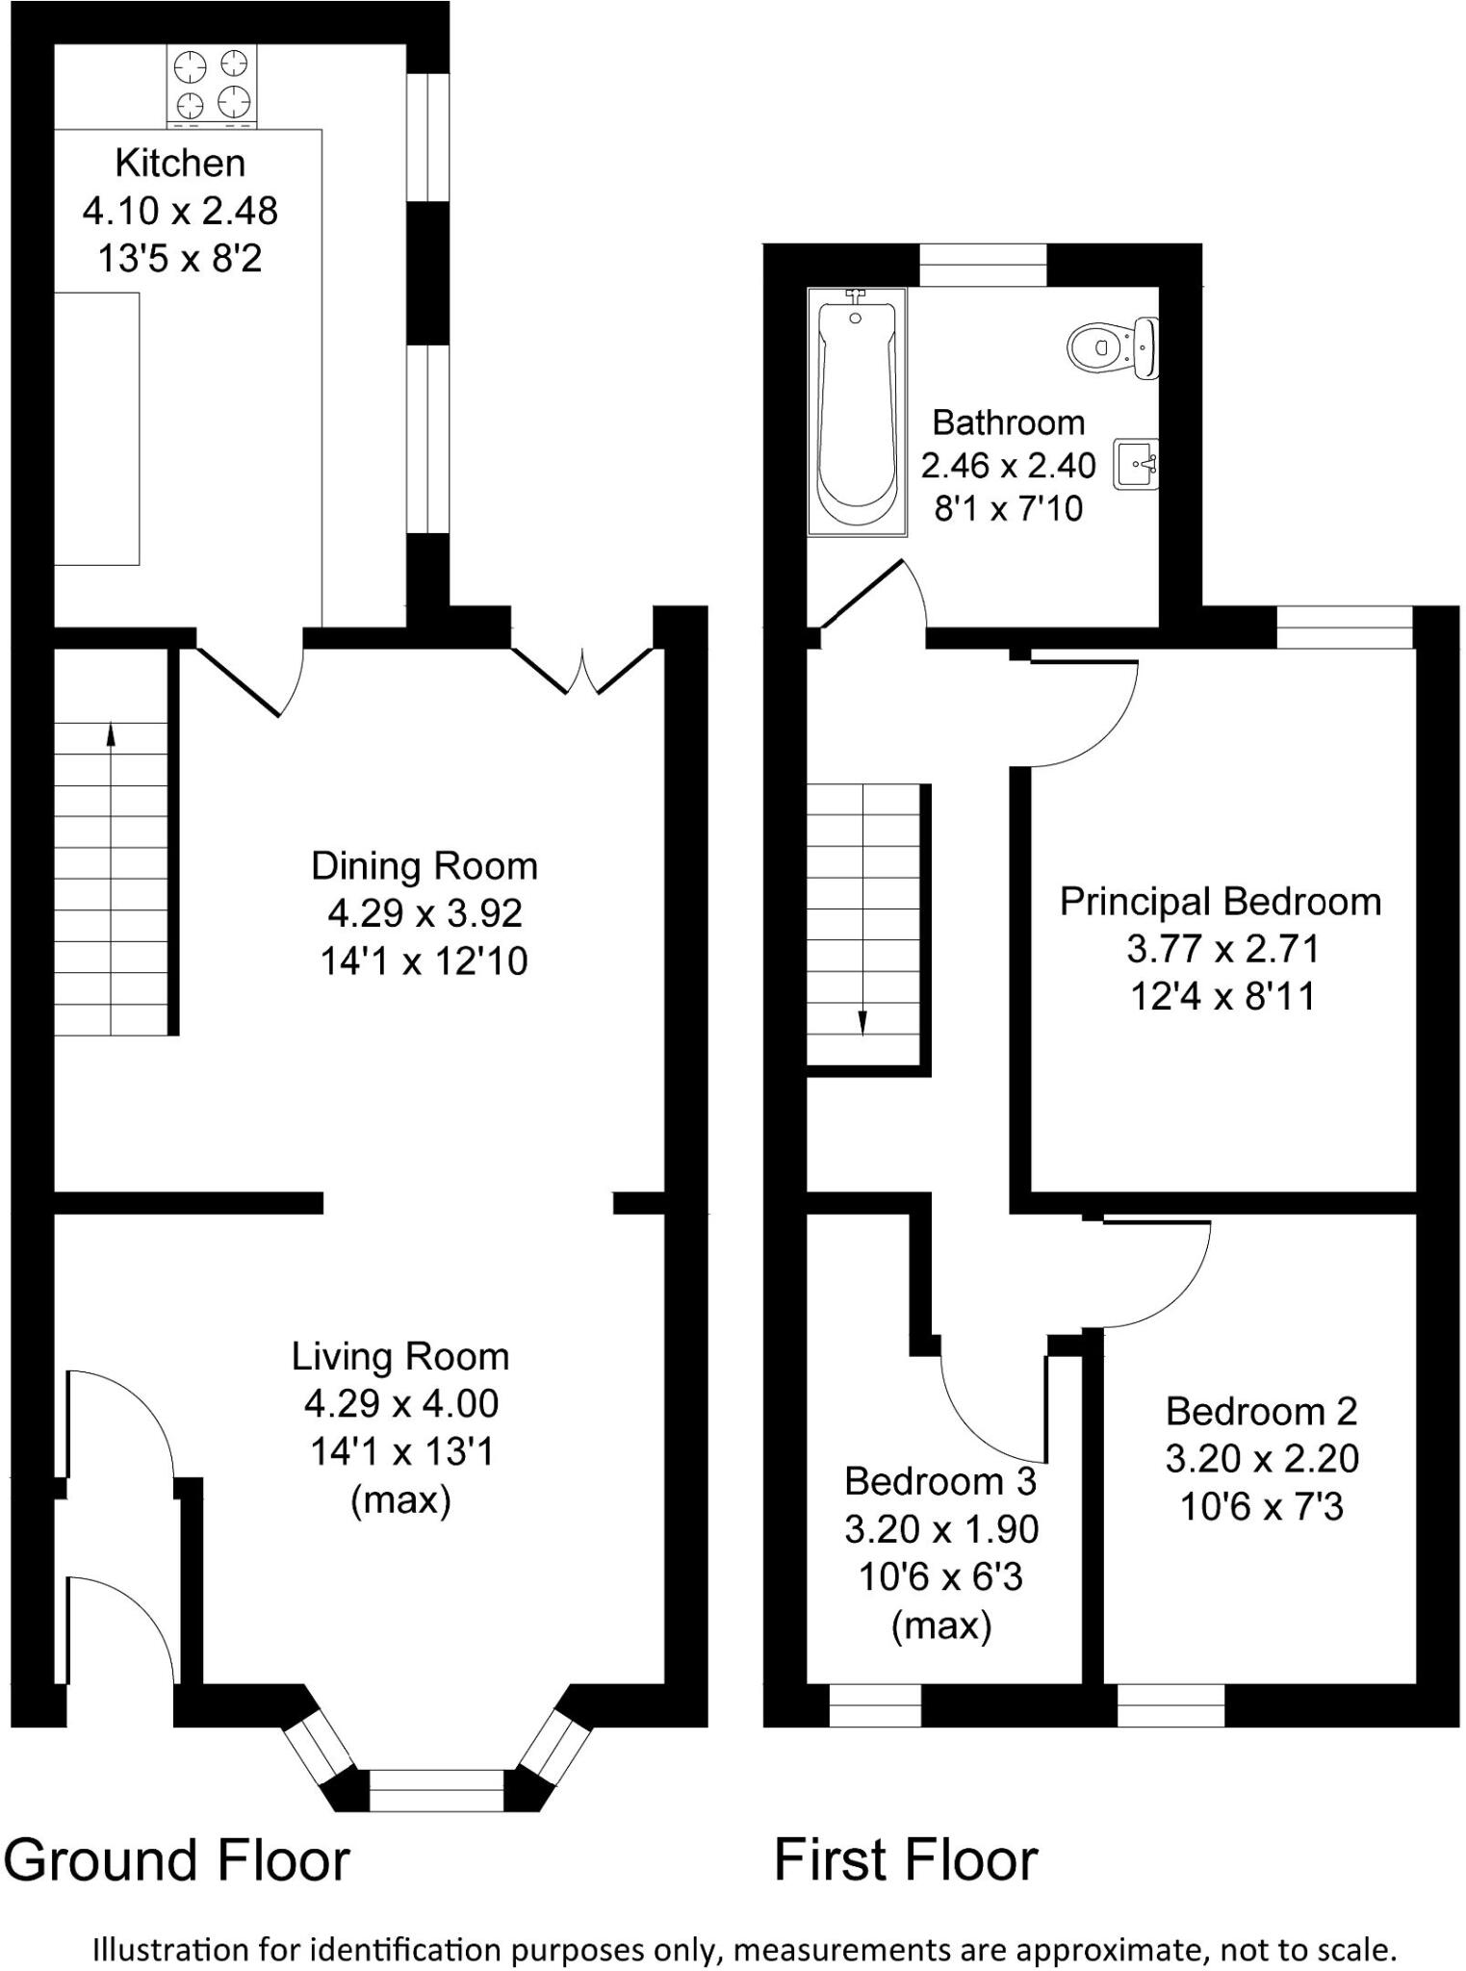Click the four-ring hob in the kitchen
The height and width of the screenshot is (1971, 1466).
pyautogui.click(x=212, y=84)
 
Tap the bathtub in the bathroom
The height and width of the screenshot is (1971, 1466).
pyautogui.click(x=856, y=411)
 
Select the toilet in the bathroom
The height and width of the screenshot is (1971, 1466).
pyautogui.click(x=1111, y=346)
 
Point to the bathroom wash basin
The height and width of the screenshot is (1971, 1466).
pyautogui.click(x=1136, y=466)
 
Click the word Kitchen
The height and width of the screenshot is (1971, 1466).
pyautogui.click(x=180, y=164)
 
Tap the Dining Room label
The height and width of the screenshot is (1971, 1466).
pyautogui.click(x=424, y=866)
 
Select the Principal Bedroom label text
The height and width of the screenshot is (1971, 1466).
pyautogui.click(x=1221, y=902)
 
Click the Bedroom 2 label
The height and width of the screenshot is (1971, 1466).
pyautogui.click(x=1261, y=1412)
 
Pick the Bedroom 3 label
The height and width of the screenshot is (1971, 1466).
pyautogui.click(x=940, y=1481)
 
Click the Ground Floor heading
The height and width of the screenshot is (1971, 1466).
pyautogui.click(x=177, y=1860)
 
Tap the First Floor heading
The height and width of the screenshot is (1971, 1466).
pyautogui.click(x=906, y=1860)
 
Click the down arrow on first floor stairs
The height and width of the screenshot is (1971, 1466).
pyautogui.click(x=862, y=1022)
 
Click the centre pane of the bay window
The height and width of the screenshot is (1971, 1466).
pyautogui.click(x=436, y=1789)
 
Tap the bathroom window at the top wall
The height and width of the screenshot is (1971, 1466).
pyautogui.click(x=983, y=266)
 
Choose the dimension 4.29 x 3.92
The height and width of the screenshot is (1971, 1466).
pyautogui.click(x=424, y=913)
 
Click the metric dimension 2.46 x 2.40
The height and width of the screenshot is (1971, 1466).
pyautogui.click(x=1008, y=466)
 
